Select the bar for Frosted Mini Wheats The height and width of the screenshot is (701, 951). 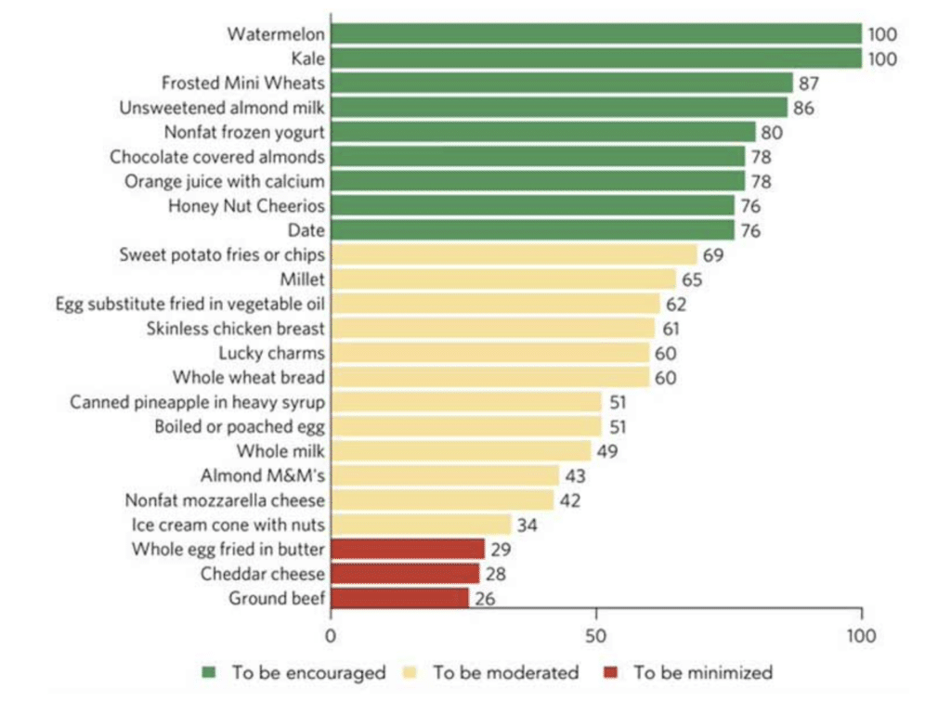pos(562,83)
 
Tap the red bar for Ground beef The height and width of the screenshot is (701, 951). pos(400,598)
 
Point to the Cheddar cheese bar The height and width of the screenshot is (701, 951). pos(405,574)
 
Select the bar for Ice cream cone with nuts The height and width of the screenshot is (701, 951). pos(422,525)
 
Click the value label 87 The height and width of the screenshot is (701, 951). pos(810,84)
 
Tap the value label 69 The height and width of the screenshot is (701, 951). pos(713,255)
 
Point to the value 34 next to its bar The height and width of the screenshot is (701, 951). pos(528,526)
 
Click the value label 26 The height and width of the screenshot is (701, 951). pos(485,599)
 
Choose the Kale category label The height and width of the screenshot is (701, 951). pos(307,58)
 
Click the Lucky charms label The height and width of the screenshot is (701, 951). pos(272,353)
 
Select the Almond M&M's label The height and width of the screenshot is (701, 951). pos(263,475)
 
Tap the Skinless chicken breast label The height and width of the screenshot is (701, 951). pos(236,328)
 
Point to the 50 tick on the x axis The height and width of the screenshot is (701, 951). pos(596,637)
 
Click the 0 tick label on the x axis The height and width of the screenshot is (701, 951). pos(331,637)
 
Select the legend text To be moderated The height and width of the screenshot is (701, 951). pos(506,672)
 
